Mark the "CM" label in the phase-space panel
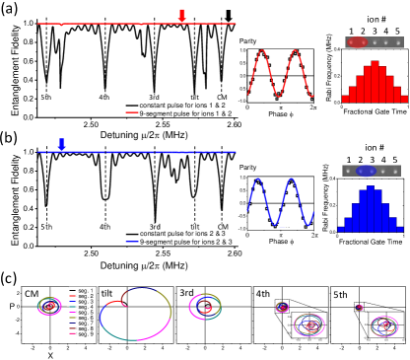(x=32, y=265)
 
